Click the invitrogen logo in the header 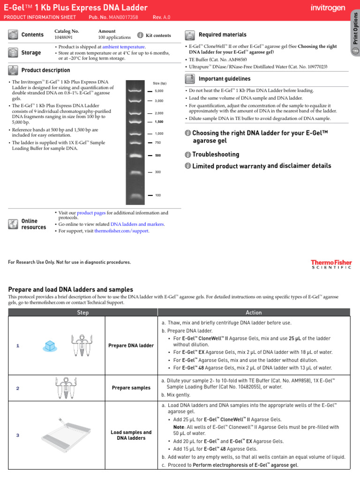pos(328,8)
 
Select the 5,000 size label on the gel pos(159,91)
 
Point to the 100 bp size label pos(158,195)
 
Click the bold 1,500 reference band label pos(159,122)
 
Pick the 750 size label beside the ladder pos(158,142)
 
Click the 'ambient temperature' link pos(124,47)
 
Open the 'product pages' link pos(91,213)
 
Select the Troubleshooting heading pos(216,155)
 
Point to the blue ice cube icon pos(50,346)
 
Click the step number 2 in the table pos(18,388)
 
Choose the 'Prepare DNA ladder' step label pos(131,346)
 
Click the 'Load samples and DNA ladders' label pos(131,435)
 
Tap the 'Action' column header pos(254,313)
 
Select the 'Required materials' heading pos(222,35)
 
